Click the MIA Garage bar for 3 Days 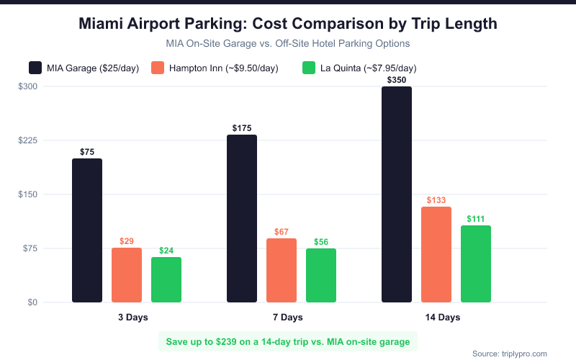(87, 230)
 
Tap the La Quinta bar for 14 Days (475, 264)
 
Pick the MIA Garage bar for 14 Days (397, 194)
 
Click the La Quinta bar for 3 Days (166, 279)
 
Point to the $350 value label (397, 80)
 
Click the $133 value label (436, 199)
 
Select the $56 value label (321, 242)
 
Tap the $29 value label (127, 241)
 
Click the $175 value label (242, 128)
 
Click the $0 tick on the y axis (32, 302)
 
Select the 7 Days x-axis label (282, 318)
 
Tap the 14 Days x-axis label (436, 318)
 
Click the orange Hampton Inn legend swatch (158, 68)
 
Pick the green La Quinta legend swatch (309, 68)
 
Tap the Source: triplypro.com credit (510, 354)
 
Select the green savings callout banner (288, 341)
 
